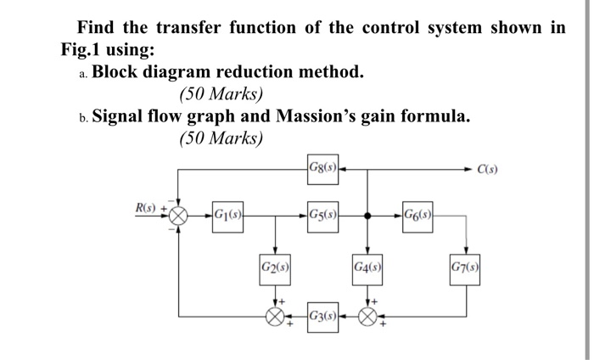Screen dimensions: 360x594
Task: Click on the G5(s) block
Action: pos(322,215)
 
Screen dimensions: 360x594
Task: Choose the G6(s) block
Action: pos(418,215)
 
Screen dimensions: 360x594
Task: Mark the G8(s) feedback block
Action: pos(322,167)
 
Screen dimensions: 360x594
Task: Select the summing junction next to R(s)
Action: pos(178,216)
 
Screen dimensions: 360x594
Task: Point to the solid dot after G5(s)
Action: pos(367,216)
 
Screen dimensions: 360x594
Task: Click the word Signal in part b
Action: pos(122,116)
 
